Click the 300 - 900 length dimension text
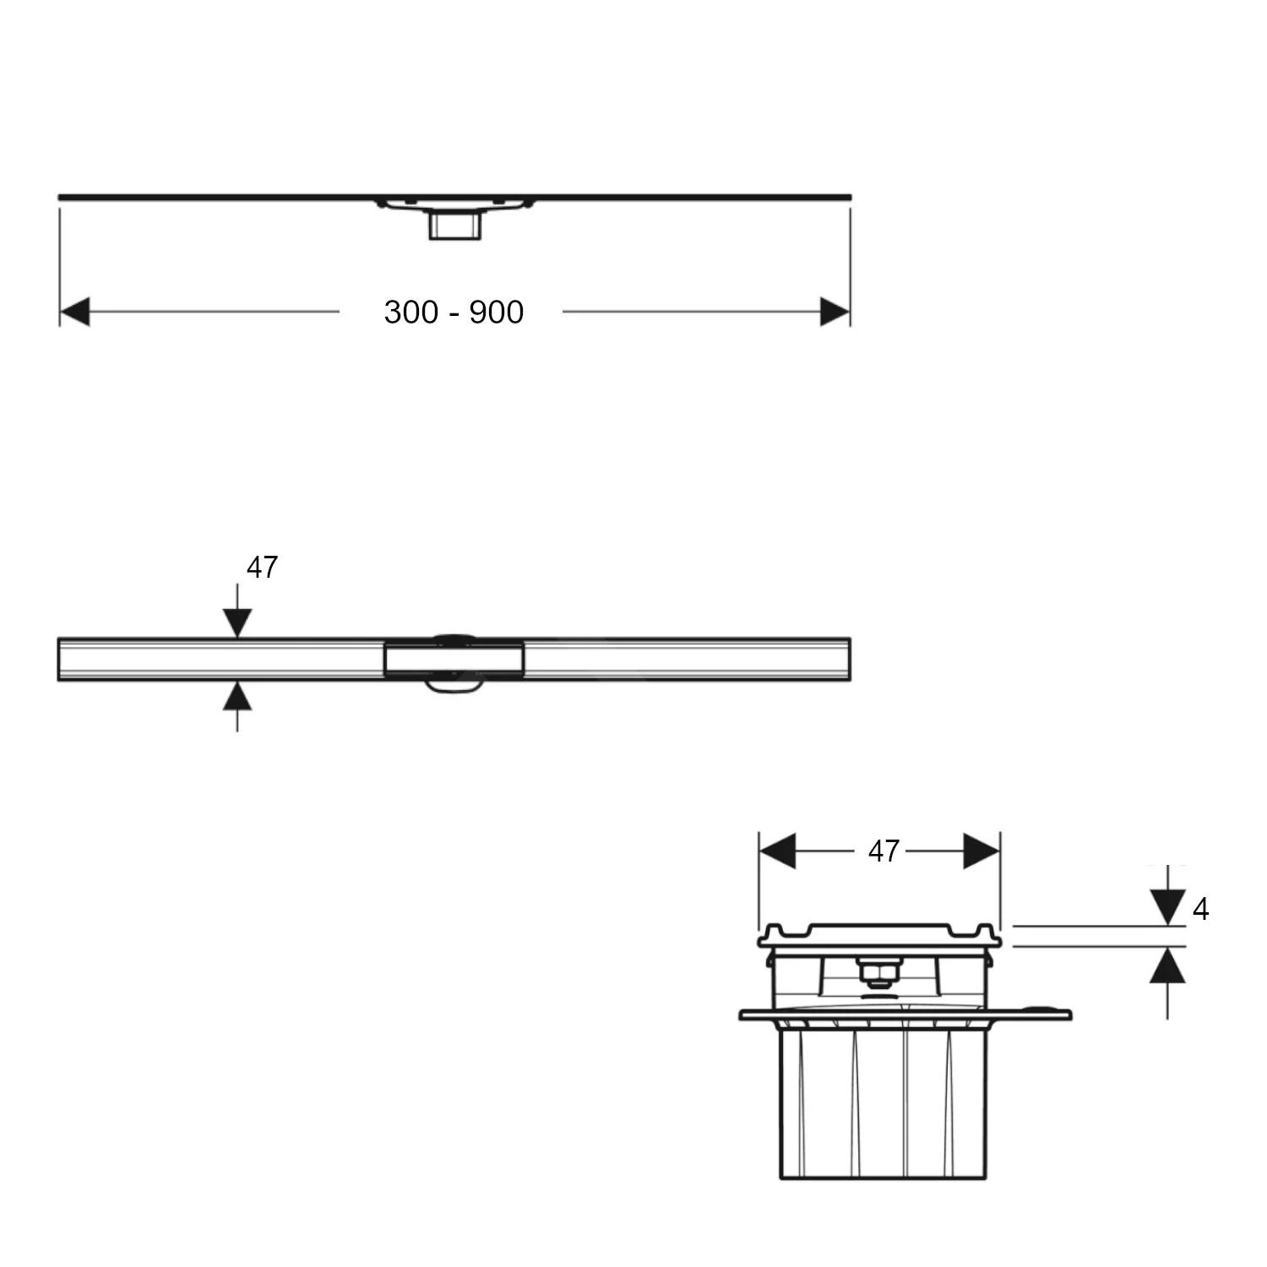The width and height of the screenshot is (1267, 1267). click(454, 312)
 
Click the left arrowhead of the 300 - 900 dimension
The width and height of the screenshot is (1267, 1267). click(74, 312)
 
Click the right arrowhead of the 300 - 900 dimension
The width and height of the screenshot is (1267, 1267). click(835, 312)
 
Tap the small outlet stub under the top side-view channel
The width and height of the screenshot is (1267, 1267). click(455, 226)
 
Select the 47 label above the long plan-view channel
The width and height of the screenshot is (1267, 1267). click(262, 568)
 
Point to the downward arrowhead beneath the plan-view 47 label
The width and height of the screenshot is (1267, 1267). click(237, 623)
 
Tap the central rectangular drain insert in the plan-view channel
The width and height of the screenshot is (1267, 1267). click(454, 660)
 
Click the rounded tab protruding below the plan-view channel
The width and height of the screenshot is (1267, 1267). click(454, 686)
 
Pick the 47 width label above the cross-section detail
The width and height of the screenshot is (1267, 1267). click(884, 851)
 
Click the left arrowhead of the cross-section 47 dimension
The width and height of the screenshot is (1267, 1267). click(778, 851)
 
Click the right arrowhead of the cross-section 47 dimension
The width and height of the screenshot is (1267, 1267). click(982, 851)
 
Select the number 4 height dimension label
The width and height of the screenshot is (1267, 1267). click(1200, 909)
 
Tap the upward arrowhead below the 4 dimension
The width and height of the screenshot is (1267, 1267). click(1167, 965)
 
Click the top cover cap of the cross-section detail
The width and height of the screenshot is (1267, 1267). click(879, 934)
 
